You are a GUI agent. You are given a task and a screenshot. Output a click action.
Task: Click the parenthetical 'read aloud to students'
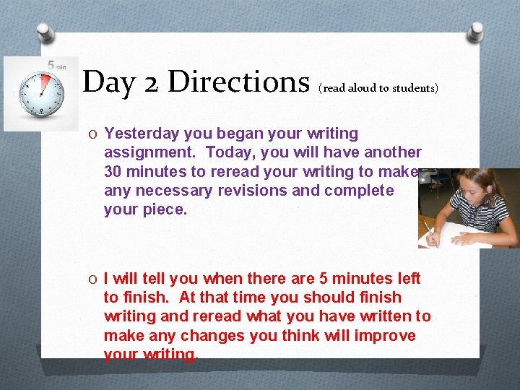tap(378, 88)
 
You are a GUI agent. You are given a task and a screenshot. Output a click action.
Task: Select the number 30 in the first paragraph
tap(113, 172)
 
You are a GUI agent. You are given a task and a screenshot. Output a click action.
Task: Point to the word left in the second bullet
tap(408, 279)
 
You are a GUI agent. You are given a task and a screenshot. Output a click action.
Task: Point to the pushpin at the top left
tap(45, 32)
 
